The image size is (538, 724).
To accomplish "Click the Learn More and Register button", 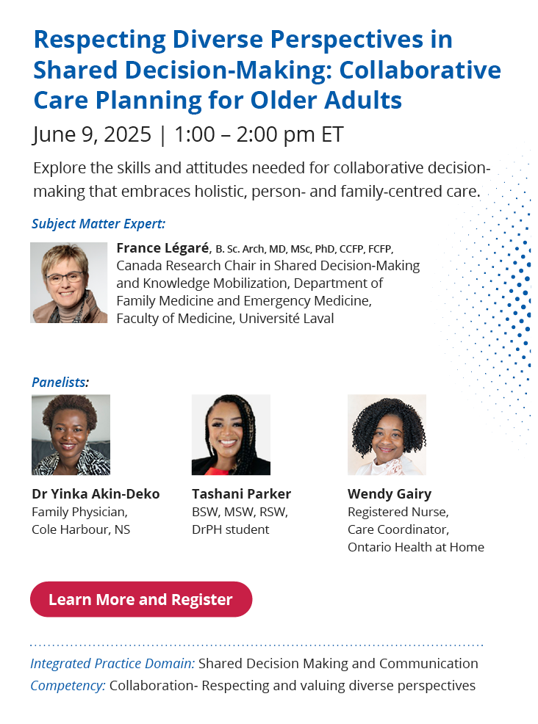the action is coord(141,599).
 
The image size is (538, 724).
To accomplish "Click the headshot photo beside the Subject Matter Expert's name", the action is coord(69,283).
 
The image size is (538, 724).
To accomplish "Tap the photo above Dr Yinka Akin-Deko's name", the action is coord(71,435).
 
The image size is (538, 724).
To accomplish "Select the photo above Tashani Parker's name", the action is coord(231,435).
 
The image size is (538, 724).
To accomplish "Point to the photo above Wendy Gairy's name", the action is coord(387,435).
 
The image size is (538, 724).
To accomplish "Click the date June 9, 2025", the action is coord(92,134).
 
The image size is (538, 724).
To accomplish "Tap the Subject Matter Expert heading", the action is coord(98,224).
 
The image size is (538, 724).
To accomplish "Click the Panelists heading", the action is coord(60,383).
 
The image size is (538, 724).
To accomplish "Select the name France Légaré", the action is coord(162,248).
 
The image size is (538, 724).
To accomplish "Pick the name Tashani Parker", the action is coord(241,493).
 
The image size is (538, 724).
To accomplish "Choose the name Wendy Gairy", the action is coord(390,494).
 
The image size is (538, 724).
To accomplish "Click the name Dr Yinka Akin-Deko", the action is coord(96,493).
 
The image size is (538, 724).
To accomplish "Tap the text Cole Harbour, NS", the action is coord(81,529).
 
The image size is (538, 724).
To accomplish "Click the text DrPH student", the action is coord(231,529).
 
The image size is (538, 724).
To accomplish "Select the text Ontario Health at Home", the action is coord(416,547).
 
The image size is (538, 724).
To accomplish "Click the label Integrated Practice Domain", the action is coord(112,664).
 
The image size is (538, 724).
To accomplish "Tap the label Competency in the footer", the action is coord(68,686).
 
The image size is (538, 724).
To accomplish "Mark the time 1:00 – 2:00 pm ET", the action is coord(259,134).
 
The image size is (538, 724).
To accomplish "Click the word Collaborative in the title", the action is coord(420,70).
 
